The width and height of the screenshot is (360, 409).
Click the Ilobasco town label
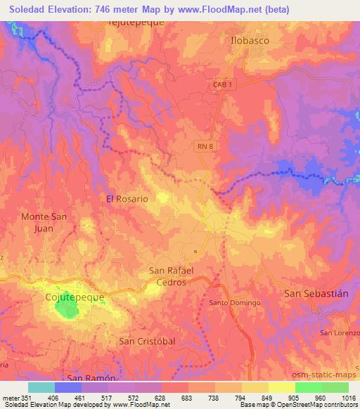pyautogui.click(x=250, y=41)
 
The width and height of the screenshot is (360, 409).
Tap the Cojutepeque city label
pyautogui.click(x=70, y=297)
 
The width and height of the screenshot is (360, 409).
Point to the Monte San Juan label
pyautogui.click(x=44, y=222)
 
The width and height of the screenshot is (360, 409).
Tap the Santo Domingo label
pyautogui.click(x=235, y=303)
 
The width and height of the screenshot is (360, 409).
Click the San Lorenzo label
pyautogui.click(x=336, y=332)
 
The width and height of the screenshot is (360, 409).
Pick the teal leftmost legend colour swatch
pyautogui.click(x=41, y=387)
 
